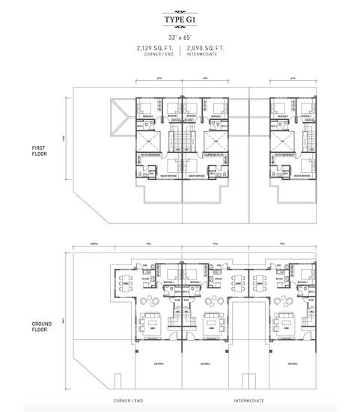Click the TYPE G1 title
[180, 22]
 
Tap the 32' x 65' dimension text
[180, 37]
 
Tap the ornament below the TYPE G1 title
[180, 29]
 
